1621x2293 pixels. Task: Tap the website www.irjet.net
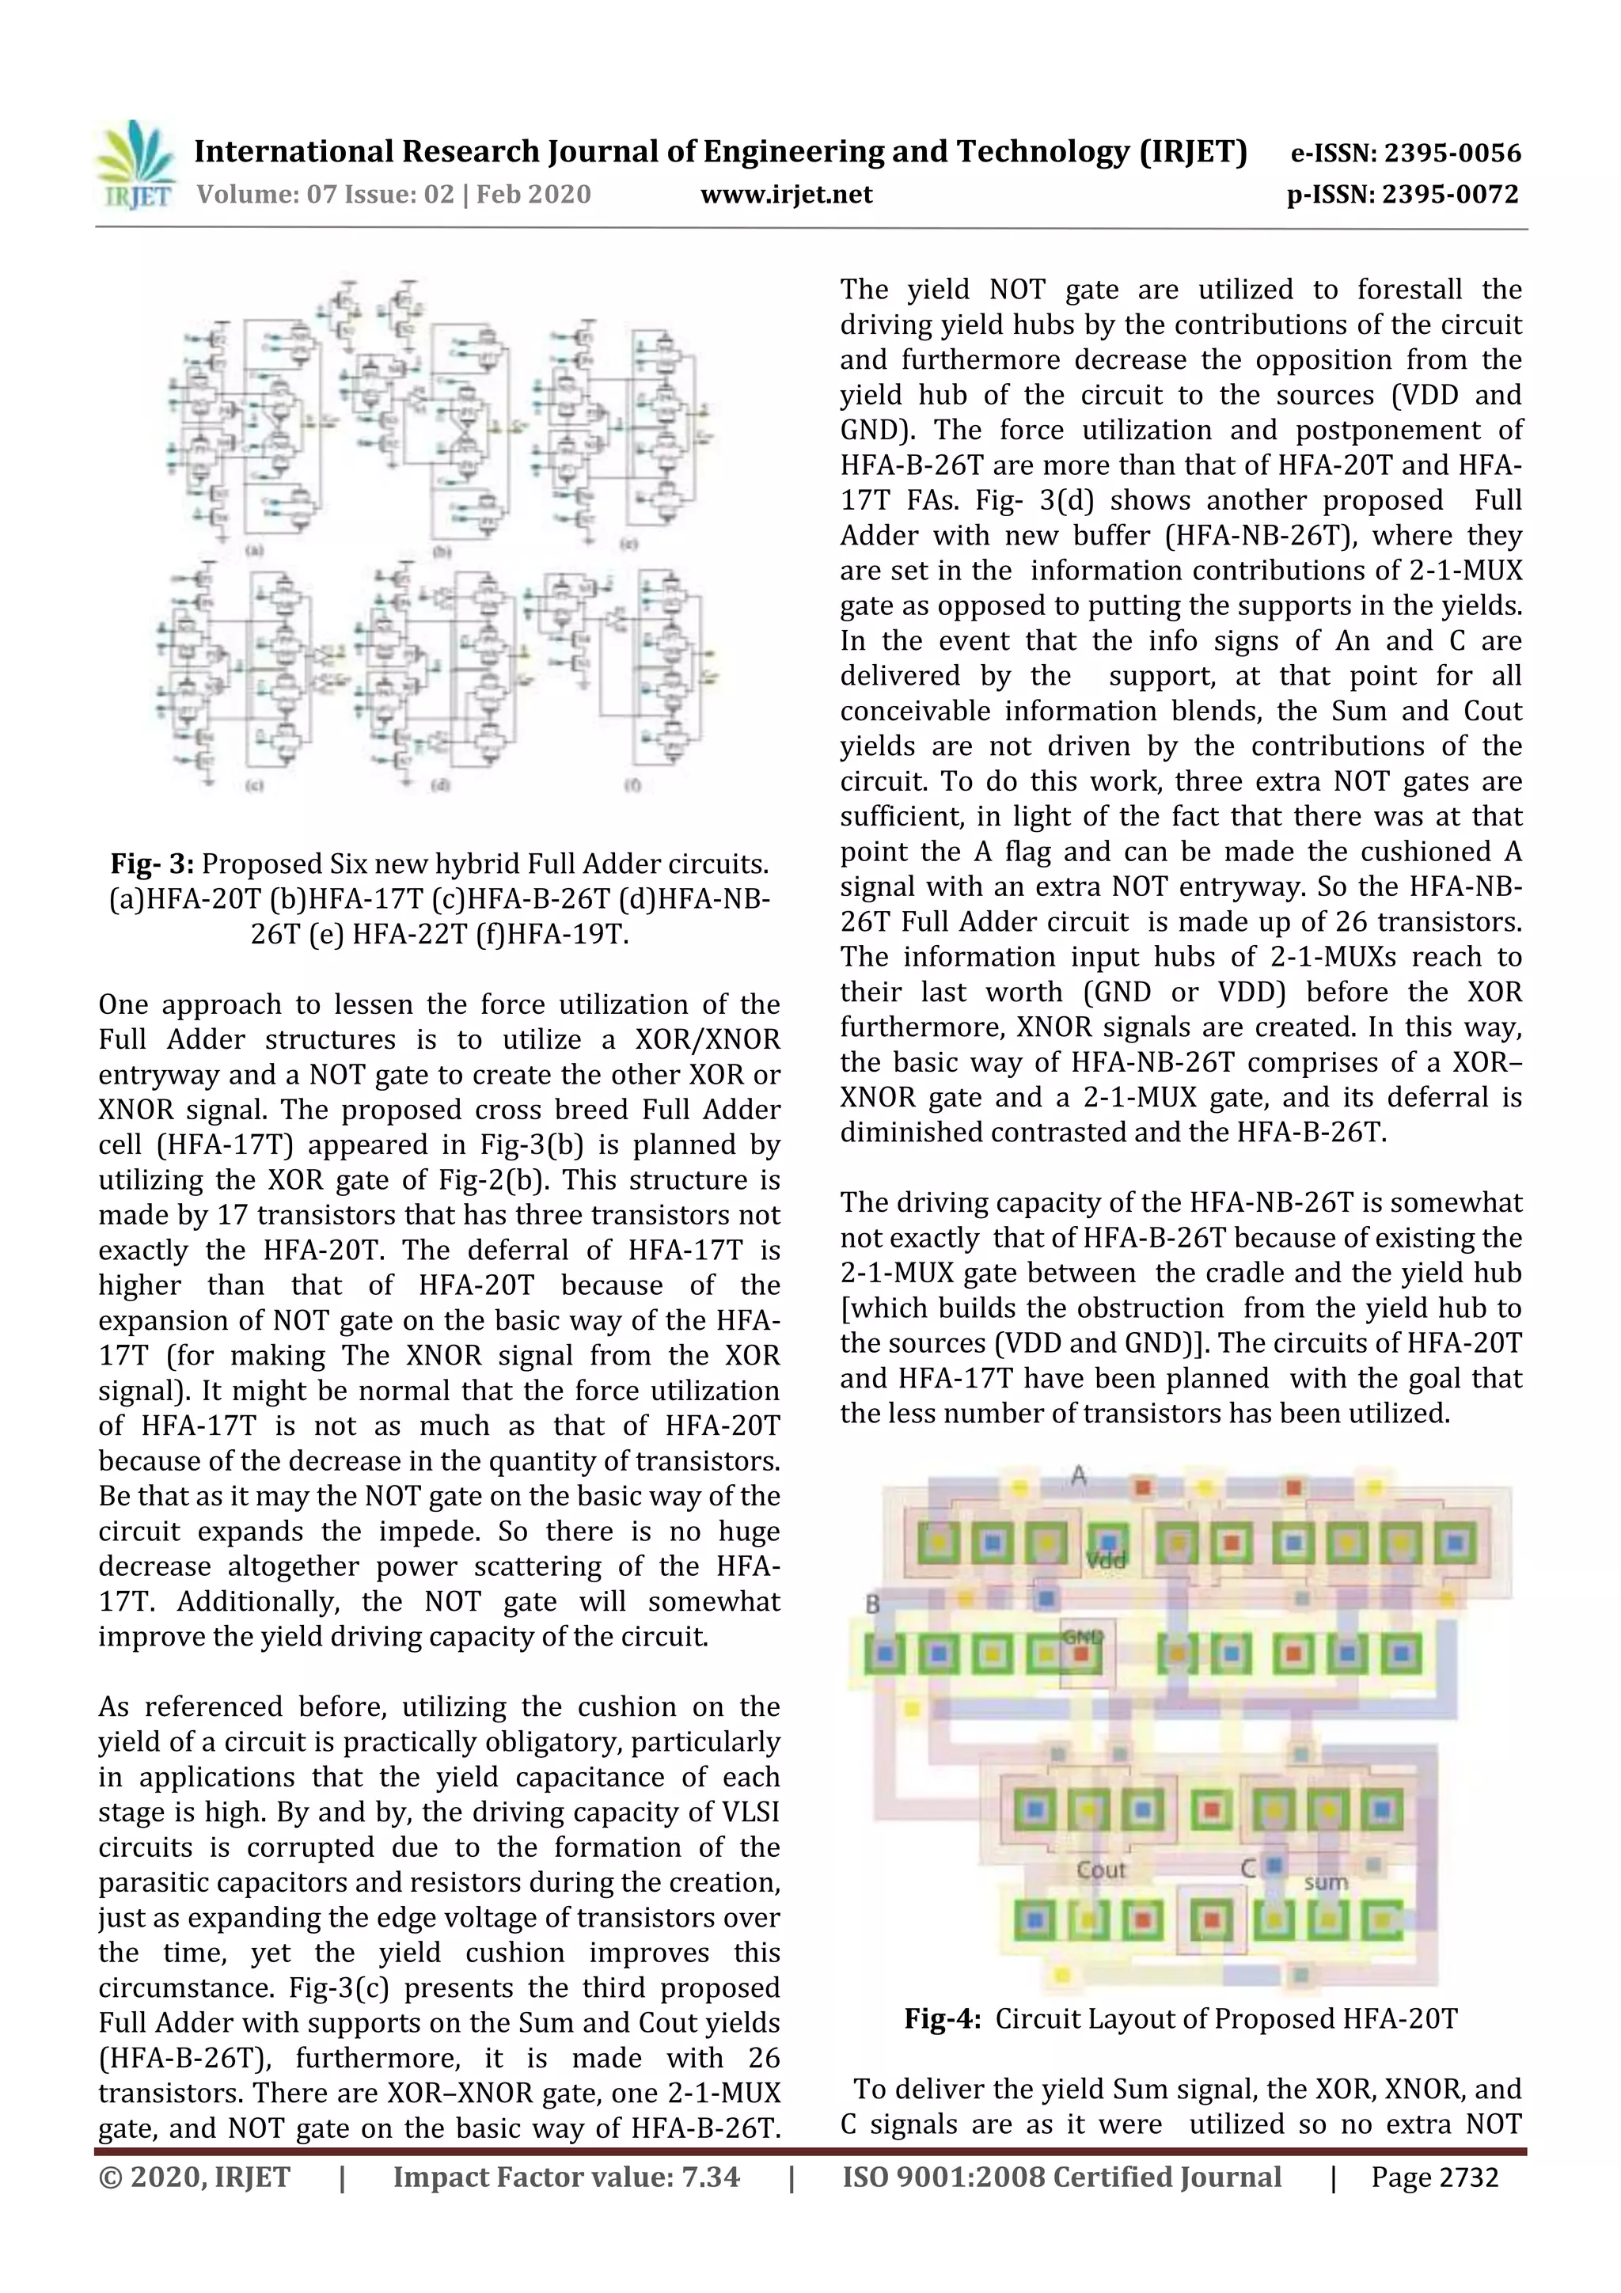tap(786, 195)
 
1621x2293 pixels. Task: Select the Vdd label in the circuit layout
tap(1106, 1561)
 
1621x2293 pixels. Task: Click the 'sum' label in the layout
tap(1325, 1882)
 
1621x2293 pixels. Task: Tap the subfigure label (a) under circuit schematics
tap(254, 550)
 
